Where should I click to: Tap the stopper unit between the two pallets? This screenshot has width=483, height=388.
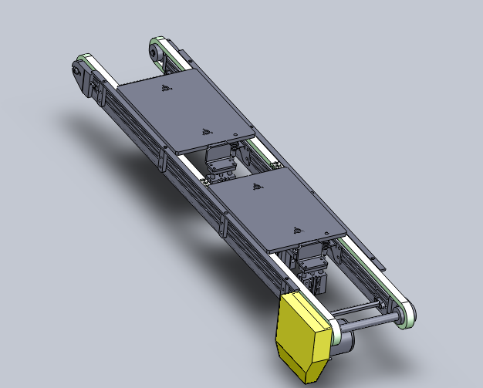click(221, 160)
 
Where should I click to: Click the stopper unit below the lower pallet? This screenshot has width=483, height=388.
click(312, 266)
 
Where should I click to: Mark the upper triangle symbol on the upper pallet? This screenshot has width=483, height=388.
click(164, 88)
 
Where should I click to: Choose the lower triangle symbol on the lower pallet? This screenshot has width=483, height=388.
click(296, 229)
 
